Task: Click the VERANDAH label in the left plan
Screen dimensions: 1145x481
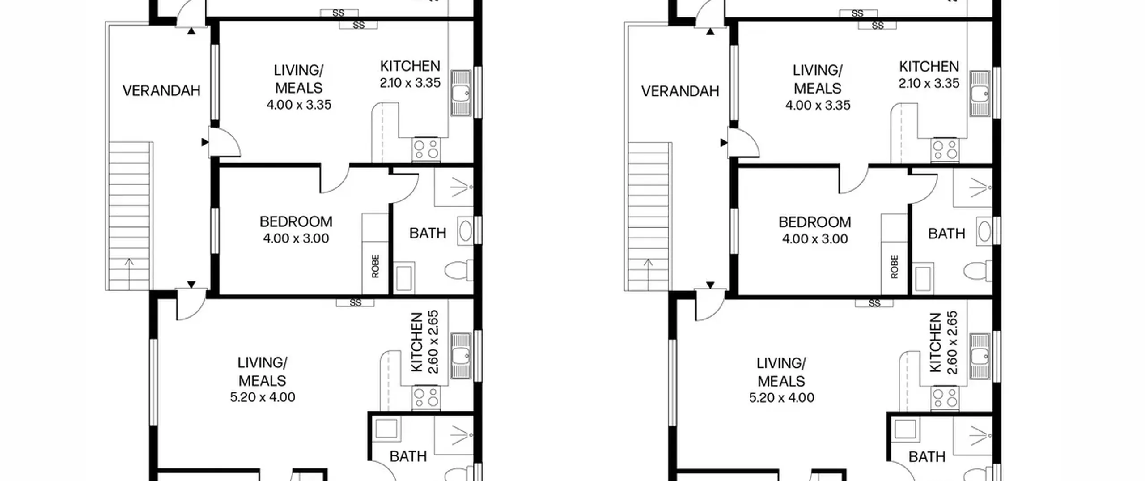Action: (x=161, y=91)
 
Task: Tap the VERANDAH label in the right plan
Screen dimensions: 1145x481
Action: (x=680, y=91)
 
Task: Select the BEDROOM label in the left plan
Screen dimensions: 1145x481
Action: (x=296, y=222)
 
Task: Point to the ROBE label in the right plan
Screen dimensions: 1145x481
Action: (x=895, y=267)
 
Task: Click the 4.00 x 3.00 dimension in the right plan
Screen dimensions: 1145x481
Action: (x=815, y=239)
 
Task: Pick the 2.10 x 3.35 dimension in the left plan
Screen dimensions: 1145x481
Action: (x=410, y=83)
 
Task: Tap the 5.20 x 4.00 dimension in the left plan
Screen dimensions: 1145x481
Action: (x=263, y=397)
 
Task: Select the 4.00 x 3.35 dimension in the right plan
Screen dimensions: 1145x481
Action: (x=818, y=105)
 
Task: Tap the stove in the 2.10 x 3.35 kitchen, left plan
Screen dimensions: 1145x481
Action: (x=426, y=149)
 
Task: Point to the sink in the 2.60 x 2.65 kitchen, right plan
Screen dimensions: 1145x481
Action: (x=980, y=356)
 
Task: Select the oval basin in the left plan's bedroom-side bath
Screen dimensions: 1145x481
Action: (x=465, y=231)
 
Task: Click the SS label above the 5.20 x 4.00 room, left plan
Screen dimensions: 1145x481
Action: (x=355, y=303)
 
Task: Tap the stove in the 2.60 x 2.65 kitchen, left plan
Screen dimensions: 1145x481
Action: (x=426, y=398)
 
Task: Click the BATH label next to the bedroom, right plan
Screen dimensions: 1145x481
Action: (x=946, y=234)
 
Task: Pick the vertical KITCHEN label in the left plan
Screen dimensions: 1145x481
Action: (x=416, y=342)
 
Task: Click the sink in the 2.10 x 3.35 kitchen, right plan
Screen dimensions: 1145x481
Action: (x=980, y=94)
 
